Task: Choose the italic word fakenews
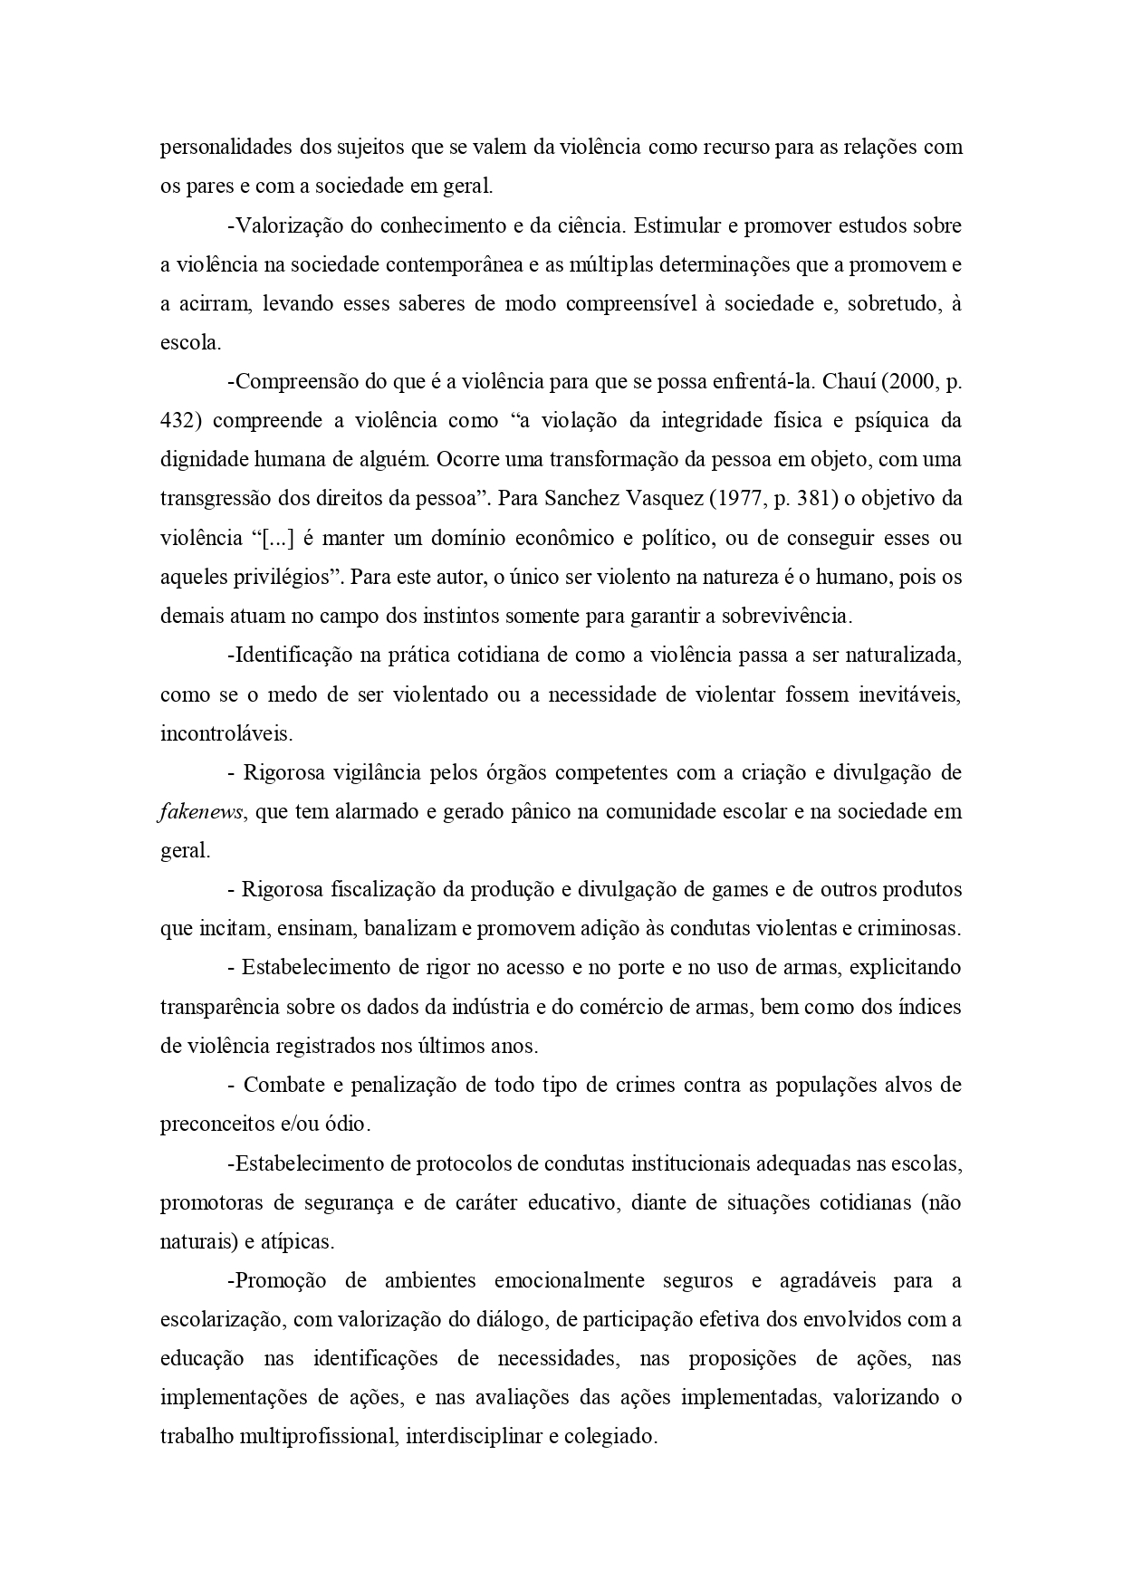[200, 812]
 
